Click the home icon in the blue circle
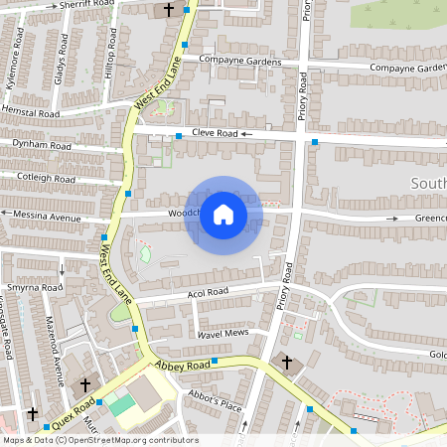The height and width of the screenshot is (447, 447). coord(223,215)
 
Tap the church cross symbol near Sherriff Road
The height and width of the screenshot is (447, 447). coord(168,10)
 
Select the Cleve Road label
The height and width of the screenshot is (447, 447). coord(215,132)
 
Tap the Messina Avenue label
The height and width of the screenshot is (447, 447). coord(46,215)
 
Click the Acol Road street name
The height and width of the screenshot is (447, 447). coord(208,292)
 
